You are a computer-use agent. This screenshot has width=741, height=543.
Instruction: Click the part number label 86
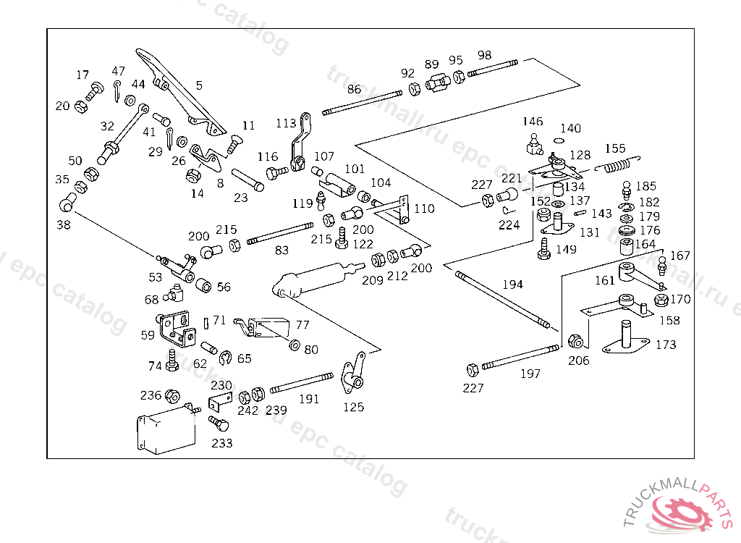tap(354, 90)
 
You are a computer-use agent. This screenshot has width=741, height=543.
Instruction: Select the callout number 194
tap(512, 285)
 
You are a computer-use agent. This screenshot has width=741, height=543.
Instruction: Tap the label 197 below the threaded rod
tap(530, 374)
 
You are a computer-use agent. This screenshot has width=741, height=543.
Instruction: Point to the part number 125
tap(353, 407)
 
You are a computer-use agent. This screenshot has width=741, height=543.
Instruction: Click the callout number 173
tap(666, 345)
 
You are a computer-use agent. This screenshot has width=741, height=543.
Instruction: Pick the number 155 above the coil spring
tap(615, 149)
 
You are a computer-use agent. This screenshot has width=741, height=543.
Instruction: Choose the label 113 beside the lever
tap(286, 123)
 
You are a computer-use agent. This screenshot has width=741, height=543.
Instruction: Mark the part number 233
tap(222, 442)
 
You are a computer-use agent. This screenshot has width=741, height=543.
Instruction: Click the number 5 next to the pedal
tap(199, 85)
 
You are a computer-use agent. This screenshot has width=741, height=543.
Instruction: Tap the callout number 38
tap(64, 225)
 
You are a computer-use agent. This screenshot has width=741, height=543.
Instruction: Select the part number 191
tap(309, 399)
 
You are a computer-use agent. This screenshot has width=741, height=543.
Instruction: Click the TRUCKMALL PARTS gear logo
tap(684, 510)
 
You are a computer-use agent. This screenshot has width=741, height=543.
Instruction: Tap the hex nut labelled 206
tap(577, 341)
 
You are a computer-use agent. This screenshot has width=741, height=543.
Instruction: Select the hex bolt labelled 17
tap(94, 92)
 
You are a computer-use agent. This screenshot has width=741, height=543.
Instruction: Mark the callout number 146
tap(533, 121)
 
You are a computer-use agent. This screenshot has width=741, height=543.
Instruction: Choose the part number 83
tap(281, 250)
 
